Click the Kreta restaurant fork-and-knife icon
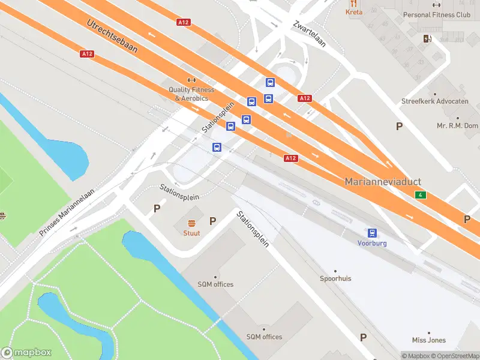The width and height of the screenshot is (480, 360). (354, 3)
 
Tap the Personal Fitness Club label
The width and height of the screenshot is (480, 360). (437, 14)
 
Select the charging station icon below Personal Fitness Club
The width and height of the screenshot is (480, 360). (427, 39)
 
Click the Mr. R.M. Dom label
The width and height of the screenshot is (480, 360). (457, 126)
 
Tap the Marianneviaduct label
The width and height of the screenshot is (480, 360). (383, 181)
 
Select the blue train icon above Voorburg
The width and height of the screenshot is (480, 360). (373, 233)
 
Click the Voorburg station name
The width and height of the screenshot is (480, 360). (372, 244)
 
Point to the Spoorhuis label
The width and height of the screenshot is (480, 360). (335, 279)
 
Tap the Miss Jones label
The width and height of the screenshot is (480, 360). (428, 340)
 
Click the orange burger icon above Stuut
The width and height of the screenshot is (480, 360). (192, 223)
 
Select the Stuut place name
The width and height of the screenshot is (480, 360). (192, 233)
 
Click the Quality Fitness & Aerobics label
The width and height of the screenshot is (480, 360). (191, 94)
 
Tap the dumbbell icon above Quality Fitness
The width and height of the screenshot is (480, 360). (191, 80)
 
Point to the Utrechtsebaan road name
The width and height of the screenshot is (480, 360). (112, 36)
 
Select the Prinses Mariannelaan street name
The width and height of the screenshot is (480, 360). (67, 213)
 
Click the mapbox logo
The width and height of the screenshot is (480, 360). (26, 353)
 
